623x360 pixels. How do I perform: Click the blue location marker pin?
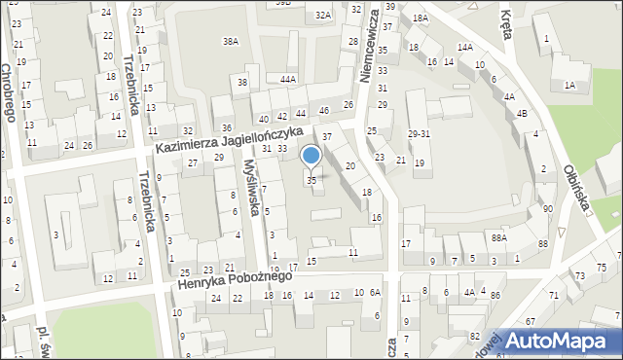(311, 156)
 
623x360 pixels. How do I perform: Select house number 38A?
(231, 41)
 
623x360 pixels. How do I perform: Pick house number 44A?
(287, 79)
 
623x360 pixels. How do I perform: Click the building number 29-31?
(420, 134)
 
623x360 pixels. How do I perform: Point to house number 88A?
(499, 236)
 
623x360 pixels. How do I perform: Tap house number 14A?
(465, 47)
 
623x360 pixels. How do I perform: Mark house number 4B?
(523, 113)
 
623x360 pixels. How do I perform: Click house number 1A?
(569, 86)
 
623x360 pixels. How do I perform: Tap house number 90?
(548, 209)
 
